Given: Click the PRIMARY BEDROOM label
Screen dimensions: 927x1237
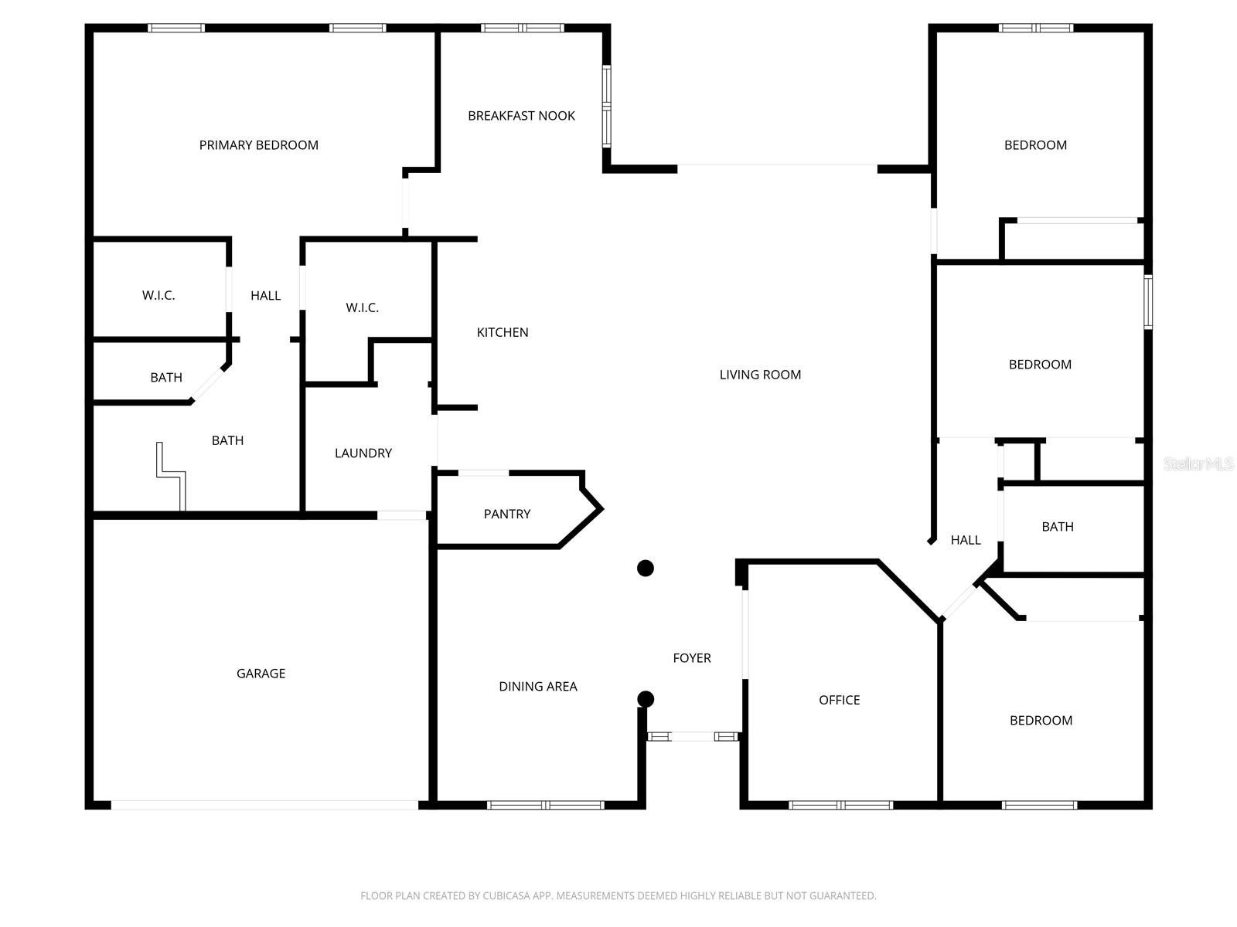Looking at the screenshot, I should pos(258,145).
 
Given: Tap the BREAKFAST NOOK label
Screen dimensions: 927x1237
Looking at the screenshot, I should pos(521,116).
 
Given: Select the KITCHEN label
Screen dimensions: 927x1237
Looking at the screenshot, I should pos(503,332).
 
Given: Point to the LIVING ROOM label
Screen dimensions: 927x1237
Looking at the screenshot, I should pos(760,375).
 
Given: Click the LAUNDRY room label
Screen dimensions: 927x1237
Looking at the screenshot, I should pos(363,453).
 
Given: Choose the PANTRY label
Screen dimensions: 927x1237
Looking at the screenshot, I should pos(507,514).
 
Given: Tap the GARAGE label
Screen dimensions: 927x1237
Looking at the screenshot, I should pos(261,674).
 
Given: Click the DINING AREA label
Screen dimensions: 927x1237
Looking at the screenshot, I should pos(538,686).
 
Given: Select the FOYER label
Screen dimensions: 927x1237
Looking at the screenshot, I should pos(692,658).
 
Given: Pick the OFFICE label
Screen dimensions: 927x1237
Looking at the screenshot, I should pos(840,700).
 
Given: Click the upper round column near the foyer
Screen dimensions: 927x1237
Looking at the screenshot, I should pos(646,569).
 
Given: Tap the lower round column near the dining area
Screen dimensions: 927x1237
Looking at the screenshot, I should pos(646,699).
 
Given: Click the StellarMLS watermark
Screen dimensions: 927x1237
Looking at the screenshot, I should pos(1198,464).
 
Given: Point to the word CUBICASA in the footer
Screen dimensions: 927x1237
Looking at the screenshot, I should pos(507,896).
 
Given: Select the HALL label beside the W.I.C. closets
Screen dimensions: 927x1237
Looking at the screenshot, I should pos(265,296).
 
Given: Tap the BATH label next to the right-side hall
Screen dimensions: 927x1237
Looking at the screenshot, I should pos(1058,527).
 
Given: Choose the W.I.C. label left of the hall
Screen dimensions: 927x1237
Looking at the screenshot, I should pos(158,296).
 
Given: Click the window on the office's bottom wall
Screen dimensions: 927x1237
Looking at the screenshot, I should pos(840,805).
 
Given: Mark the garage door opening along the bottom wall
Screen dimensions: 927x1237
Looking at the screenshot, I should pos(264,805).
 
